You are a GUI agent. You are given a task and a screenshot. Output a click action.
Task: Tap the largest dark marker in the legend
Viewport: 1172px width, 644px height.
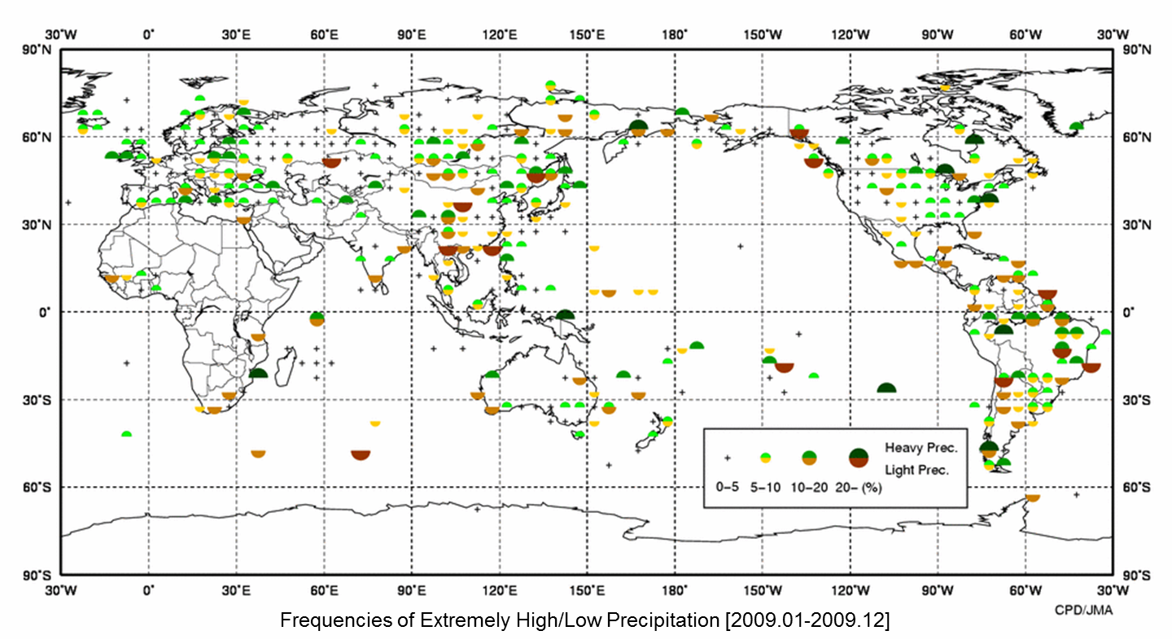pyautogui.click(x=858, y=458)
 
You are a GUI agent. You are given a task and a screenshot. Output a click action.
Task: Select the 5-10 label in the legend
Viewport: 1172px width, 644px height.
pyautogui.click(x=766, y=489)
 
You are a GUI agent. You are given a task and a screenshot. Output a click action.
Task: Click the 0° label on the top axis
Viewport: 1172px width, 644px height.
pyautogui.click(x=148, y=35)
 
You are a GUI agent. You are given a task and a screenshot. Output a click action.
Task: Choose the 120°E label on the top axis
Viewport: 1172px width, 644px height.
pyautogui.click(x=499, y=35)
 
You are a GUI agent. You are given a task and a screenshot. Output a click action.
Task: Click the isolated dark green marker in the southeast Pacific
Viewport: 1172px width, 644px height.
pyautogui.click(x=886, y=388)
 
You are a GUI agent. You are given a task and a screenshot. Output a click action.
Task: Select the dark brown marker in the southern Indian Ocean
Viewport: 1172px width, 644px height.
pyautogui.click(x=361, y=453)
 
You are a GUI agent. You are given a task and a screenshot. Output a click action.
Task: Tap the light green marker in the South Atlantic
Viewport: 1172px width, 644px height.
pyautogui.click(x=126, y=435)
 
